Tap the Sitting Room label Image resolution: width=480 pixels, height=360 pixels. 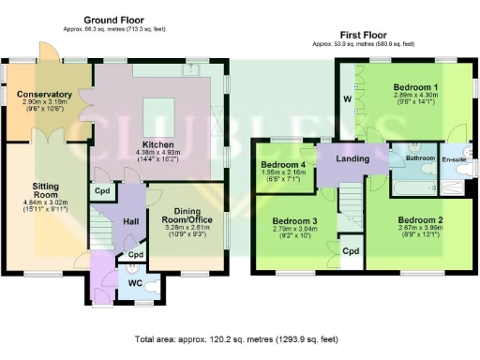pyautogui.click(x=45, y=191)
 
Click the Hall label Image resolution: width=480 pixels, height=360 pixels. pyautogui.click(x=131, y=221)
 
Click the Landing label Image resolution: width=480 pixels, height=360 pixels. pyautogui.click(x=352, y=159)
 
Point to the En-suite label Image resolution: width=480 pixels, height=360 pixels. pyautogui.click(x=457, y=159)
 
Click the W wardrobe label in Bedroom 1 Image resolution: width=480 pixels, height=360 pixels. pyautogui.click(x=348, y=97)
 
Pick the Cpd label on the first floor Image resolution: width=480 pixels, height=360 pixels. pyautogui.click(x=352, y=251)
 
